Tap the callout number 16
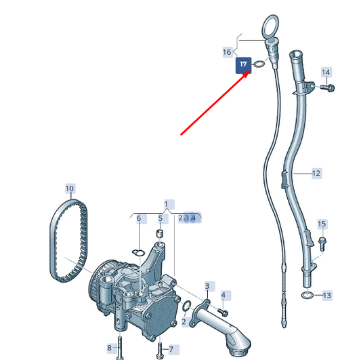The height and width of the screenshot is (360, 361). [227, 52]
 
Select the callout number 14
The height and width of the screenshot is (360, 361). [326, 73]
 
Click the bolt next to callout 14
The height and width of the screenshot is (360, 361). [327, 87]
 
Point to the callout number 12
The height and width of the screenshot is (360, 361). [316, 174]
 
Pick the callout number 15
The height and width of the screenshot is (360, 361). [322, 224]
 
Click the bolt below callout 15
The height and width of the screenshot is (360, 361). [322, 244]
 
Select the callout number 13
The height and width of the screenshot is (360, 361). [327, 296]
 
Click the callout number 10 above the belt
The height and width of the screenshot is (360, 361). [70, 188]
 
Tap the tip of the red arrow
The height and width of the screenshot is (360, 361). [250, 72]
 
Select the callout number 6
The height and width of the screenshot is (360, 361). [139, 218]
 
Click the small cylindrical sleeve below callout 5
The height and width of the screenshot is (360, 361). [161, 234]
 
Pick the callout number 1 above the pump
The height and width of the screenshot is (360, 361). [166, 205]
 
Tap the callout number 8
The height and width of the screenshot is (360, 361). [110, 348]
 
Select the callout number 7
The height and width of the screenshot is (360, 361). [171, 350]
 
